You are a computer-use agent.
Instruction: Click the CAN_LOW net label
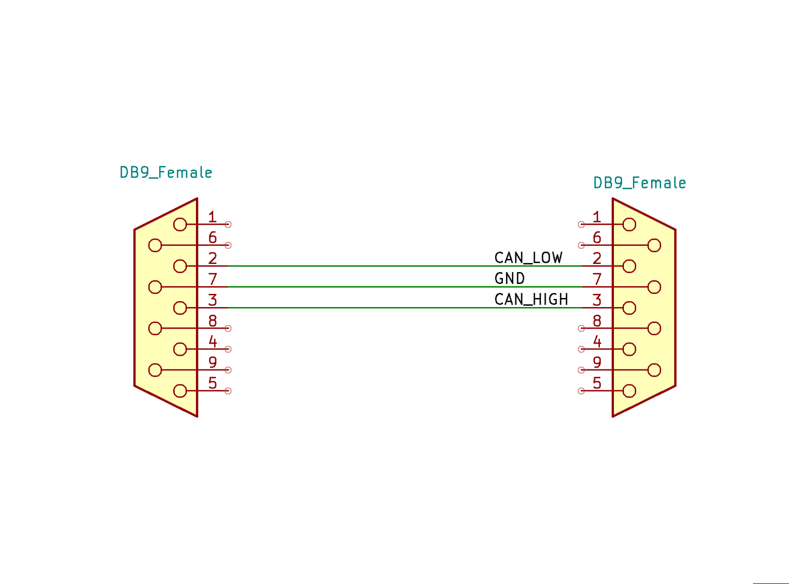point(528,258)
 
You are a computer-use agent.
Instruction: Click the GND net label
point(509,278)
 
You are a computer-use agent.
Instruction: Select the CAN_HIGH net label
point(531,299)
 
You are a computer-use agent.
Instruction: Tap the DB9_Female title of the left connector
point(166,172)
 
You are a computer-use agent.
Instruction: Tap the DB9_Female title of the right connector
point(639,183)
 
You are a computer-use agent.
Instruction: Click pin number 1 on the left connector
point(212,217)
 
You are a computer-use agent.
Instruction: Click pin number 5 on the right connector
point(597,383)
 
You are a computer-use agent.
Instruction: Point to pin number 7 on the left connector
point(212,278)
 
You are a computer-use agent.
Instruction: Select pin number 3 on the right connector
point(597,299)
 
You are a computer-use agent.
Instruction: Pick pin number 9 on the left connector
point(212,362)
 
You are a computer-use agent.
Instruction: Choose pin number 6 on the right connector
point(597,237)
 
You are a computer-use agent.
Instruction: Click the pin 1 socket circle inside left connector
point(180,224)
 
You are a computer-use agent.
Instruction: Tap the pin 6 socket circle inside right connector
point(654,245)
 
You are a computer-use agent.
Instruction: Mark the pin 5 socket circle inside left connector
point(180,391)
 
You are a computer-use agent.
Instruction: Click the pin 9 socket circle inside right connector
point(654,370)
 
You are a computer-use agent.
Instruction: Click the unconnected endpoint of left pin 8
point(228,328)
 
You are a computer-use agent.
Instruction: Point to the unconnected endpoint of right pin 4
point(581,349)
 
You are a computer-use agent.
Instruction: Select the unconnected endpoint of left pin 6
point(228,245)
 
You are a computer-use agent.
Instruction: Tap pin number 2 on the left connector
point(212,258)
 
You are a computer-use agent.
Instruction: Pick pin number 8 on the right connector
point(597,320)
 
